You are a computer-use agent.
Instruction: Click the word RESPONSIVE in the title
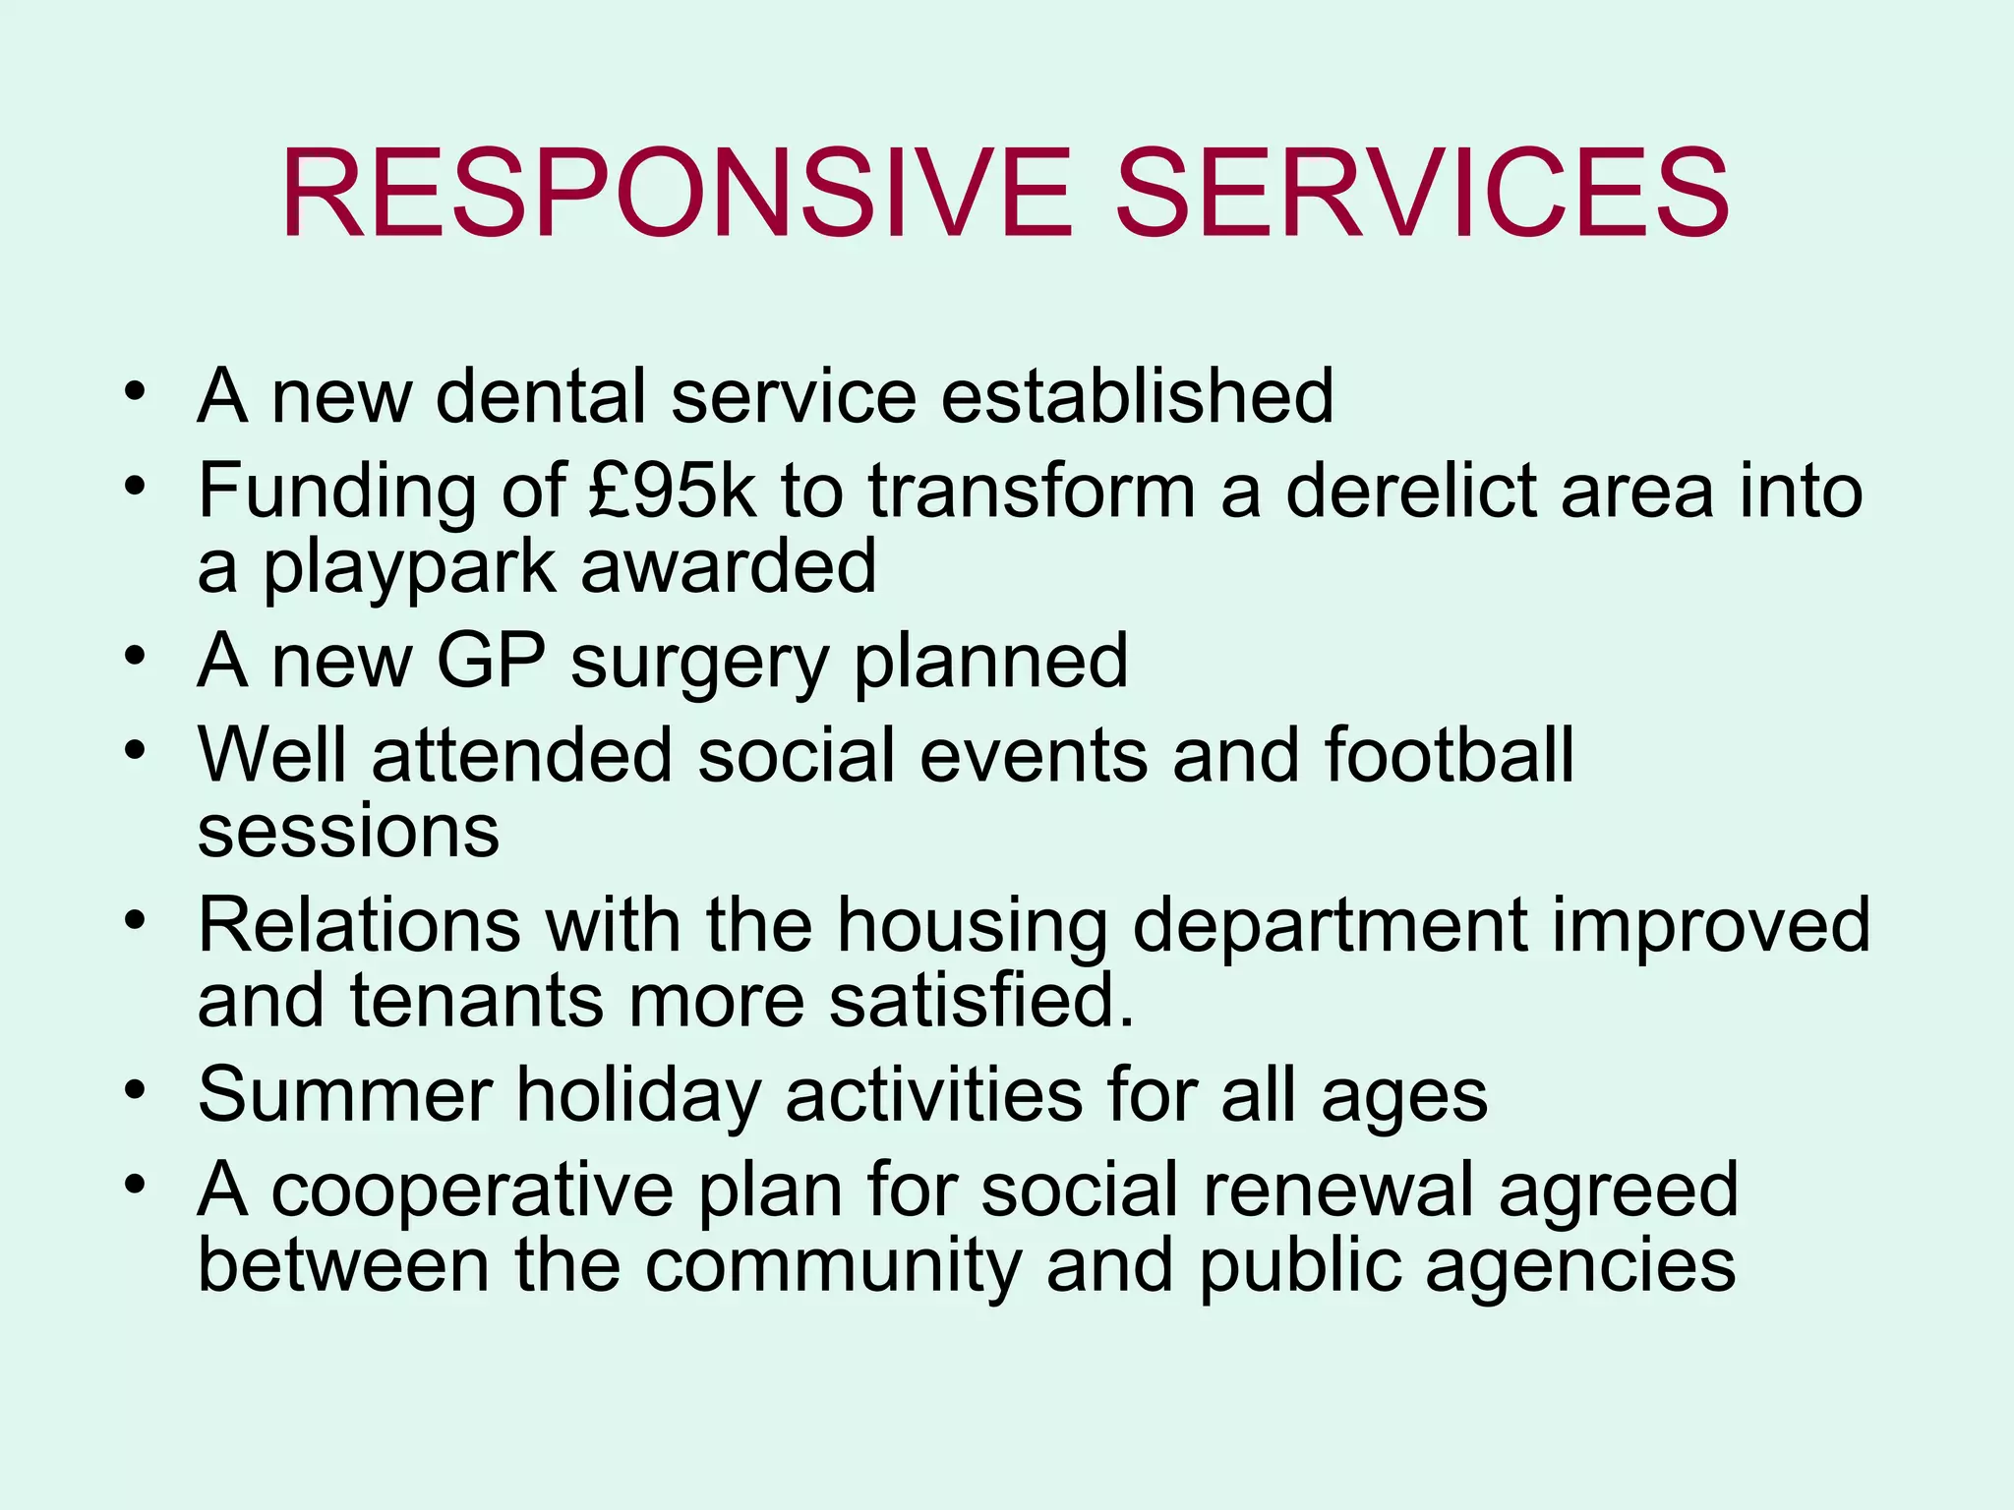click(676, 193)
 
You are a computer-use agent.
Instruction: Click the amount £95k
click(674, 491)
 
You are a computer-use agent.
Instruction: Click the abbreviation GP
click(491, 661)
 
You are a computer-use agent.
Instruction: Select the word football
click(1449, 755)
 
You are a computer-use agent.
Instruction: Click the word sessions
click(348, 832)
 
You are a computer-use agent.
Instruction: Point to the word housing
click(972, 927)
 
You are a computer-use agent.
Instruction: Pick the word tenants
click(477, 1001)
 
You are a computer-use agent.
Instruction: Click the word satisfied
click(980, 1001)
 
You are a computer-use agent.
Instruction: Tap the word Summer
click(345, 1094)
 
